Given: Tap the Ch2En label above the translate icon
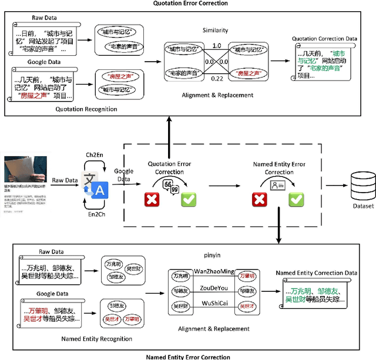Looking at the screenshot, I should click(95, 154).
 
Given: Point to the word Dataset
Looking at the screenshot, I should click(362, 206).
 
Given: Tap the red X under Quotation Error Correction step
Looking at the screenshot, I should click(152, 200).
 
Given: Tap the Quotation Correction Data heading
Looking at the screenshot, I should click(325, 39).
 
